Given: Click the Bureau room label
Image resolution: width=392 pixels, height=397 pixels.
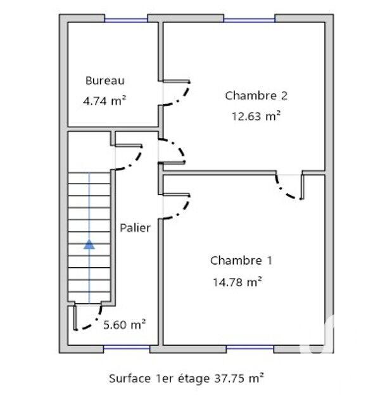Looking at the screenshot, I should pos(105,80).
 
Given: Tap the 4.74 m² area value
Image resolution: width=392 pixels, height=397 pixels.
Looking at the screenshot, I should pos(105,100).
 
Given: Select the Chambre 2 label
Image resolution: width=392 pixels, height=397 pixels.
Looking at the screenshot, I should pos(256,96).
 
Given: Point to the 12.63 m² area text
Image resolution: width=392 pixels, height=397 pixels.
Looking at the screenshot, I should pos(256,116).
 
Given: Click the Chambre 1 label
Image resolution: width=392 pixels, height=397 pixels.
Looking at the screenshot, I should pos(242,260).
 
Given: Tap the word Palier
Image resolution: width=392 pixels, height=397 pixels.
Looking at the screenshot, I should pos(136,228).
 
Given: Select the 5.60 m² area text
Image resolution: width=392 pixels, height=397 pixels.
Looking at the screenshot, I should pos(125,325).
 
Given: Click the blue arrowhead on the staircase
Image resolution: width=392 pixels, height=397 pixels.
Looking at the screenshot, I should pos(89,244).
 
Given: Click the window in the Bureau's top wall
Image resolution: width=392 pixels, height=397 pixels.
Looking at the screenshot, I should pos(125,19).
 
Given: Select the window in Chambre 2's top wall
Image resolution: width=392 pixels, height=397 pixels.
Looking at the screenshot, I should pos(249,19).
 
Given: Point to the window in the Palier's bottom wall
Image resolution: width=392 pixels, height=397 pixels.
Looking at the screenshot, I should pos(125,348).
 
